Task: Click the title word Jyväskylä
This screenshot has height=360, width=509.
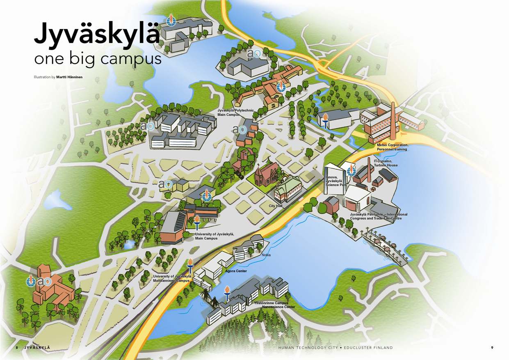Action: [x=96, y=34]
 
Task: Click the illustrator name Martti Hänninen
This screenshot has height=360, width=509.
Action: [x=70, y=77]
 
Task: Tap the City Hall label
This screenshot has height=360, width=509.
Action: [x=276, y=206]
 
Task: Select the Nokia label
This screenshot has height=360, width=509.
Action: [x=266, y=255]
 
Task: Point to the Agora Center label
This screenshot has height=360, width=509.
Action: [x=236, y=271]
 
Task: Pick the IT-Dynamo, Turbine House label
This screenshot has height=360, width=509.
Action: [x=386, y=163]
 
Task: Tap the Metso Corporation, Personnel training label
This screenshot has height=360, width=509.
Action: [x=393, y=147]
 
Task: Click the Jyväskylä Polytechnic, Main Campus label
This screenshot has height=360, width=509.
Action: [x=235, y=112]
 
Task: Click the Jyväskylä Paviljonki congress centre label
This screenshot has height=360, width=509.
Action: [x=379, y=216]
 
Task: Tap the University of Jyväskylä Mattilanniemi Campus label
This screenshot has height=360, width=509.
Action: [x=172, y=279]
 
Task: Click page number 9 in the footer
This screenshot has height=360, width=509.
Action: [x=492, y=348]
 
